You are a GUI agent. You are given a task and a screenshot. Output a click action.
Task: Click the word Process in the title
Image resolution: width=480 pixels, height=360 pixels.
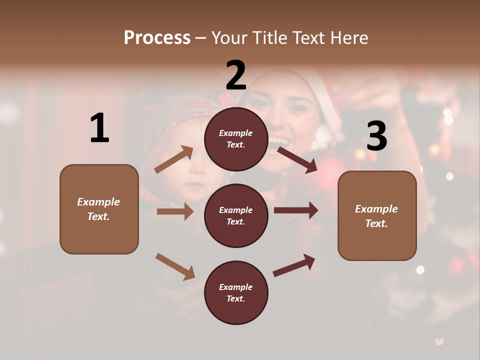[x=157, y=38]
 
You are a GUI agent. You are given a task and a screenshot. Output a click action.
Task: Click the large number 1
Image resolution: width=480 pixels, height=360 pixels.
[x=99, y=128]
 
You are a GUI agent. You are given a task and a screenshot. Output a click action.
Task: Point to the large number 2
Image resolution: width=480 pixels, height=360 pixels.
[x=236, y=75]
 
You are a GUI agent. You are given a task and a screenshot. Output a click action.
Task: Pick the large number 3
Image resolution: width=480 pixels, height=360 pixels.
[x=376, y=136]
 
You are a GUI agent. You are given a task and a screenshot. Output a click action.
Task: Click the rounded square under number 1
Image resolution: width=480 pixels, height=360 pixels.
[x=99, y=209]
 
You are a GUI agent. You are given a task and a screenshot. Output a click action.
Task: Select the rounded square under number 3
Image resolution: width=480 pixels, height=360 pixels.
[x=377, y=216]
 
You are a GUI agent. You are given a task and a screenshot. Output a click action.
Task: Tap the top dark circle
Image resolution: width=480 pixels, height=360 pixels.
[x=236, y=139]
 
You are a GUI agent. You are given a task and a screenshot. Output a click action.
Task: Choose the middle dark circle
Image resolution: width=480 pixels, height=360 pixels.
[x=236, y=216]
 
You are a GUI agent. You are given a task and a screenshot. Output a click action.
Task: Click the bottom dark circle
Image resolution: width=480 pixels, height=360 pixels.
[x=236, y=293]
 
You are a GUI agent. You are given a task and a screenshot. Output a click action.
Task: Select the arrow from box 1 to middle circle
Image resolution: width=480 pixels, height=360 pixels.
[x=175, y=211]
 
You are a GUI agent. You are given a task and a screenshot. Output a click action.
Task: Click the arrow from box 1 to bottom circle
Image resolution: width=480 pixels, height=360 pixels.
[x=175, y=266]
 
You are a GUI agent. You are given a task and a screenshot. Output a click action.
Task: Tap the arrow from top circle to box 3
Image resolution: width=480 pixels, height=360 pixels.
[x=297, y=159]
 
